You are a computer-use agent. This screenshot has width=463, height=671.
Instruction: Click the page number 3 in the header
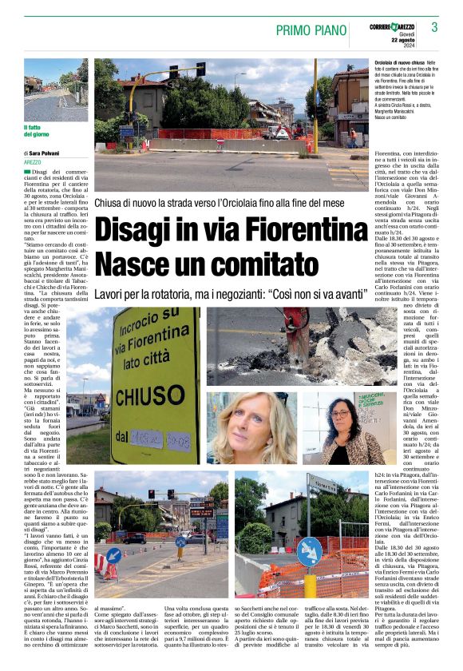pyautogui.click(x=434, y=27)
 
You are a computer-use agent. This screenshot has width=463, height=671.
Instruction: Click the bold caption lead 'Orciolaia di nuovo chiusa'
pyautogui.click(x=400, y=62)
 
